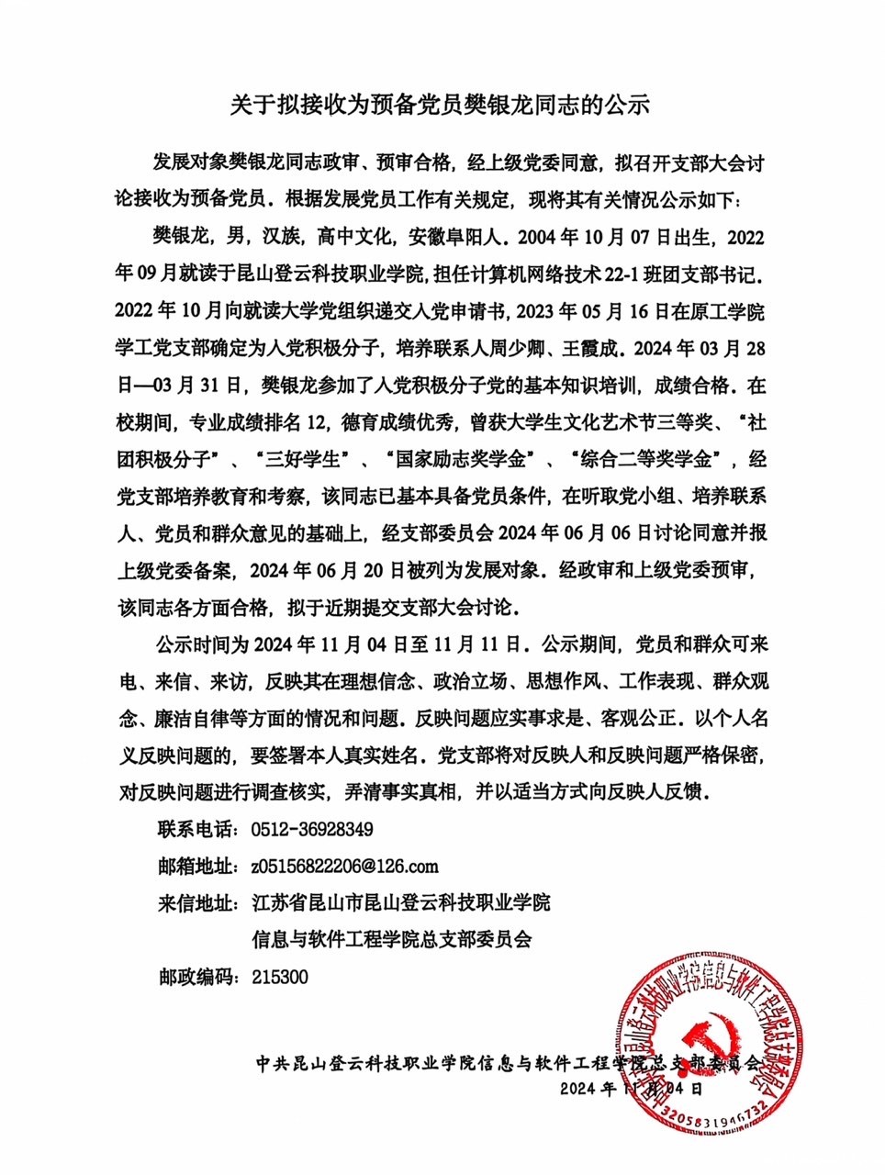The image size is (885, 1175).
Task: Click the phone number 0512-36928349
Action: tap(312, 829)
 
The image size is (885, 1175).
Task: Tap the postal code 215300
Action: tap(280, 977)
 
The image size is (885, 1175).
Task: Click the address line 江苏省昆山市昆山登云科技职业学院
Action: tap(401, 903)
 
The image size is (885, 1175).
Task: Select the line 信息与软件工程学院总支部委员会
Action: tap(392, 940)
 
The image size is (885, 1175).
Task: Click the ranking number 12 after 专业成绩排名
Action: tap(316, 422)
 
